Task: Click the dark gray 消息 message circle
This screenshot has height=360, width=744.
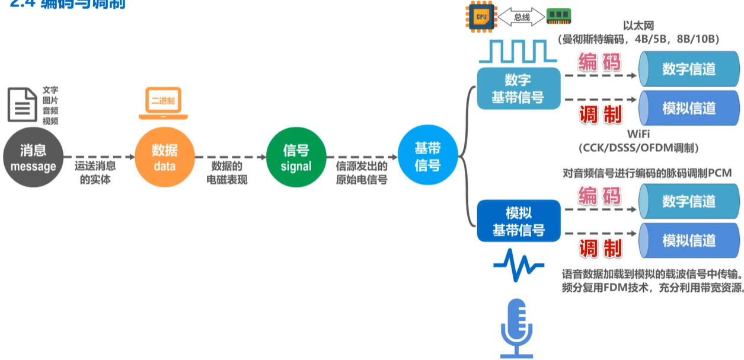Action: tap(33, 158)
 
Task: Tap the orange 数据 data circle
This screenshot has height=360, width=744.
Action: tap(164, 158)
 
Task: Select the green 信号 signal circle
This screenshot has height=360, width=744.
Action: tap(296, 158)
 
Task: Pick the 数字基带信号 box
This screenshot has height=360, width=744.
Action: tap(518, 88)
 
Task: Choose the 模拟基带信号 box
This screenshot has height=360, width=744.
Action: tap(518, 221)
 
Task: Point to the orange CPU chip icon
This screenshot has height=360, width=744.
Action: tap(481, 17)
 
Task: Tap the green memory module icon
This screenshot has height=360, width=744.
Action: tap(558, 17)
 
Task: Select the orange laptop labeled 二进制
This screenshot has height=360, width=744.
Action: tap(163, 103)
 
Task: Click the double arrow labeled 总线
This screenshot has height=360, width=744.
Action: tap(522, 17)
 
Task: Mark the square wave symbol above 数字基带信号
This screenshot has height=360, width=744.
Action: tap(518, 51)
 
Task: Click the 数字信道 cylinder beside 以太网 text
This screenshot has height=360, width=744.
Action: tap(688, 69)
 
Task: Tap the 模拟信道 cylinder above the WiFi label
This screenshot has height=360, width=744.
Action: tap(688, 108)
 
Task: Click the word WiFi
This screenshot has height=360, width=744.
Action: tap(638, 134)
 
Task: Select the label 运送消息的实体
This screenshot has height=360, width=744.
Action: tap(95, 173)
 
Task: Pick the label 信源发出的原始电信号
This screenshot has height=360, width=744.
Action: tap(362, 173)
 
